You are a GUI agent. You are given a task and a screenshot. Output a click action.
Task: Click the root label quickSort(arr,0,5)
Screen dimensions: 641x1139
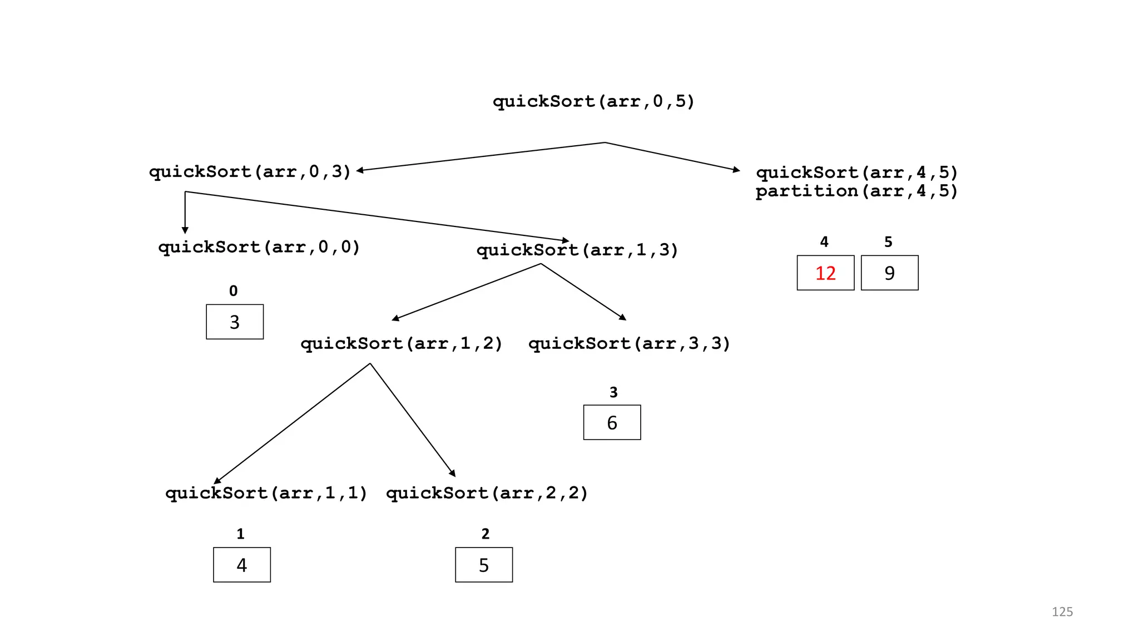(x=593, y=102)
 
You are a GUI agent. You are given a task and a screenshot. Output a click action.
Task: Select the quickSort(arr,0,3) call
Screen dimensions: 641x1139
(x=250, y=171)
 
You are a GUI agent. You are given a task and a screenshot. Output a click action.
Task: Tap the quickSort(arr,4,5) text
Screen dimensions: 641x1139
(x=856, y=172)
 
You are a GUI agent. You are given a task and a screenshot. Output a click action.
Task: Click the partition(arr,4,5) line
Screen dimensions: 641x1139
(x=856, y=191)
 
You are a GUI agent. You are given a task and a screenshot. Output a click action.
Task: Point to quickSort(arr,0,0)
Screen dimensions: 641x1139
(x=259, y=247)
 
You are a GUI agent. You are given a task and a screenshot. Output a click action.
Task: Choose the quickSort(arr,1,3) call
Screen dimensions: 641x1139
(x=577, y=250)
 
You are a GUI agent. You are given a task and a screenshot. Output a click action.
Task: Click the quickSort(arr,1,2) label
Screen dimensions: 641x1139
(x=402, y=343)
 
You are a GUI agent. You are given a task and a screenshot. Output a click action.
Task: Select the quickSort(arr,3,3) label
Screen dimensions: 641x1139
(x=629, y=343)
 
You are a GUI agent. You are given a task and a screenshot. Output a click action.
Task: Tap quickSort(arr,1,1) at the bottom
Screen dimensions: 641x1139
(x=266, y=493)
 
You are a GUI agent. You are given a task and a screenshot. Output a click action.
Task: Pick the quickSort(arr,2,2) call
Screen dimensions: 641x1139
(x=487, y=493)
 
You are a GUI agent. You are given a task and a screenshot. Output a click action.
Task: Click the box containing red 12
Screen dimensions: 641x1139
(x=825, y=273)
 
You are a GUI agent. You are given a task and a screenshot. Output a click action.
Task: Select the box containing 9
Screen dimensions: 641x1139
(x=889, y=273)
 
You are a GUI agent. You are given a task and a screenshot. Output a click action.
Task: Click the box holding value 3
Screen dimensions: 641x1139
(x=235, y=322)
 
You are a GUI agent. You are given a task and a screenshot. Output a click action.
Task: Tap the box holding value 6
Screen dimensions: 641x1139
(x=612, y=422)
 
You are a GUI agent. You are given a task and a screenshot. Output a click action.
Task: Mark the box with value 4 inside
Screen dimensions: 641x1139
(x=242, y=565)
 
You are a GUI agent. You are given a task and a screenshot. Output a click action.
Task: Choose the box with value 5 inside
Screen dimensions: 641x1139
(x=484, y=565)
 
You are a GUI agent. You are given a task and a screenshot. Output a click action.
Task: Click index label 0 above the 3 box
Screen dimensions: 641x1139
(x=234, y=291)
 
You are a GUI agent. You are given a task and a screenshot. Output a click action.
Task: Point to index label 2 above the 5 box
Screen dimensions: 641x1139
(x=486, y=534)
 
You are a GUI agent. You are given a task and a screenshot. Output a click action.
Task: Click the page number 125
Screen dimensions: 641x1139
(x=1062, y=612)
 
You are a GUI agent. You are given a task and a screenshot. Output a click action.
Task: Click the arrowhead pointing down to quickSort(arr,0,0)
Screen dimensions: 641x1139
(x=185, y=230)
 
